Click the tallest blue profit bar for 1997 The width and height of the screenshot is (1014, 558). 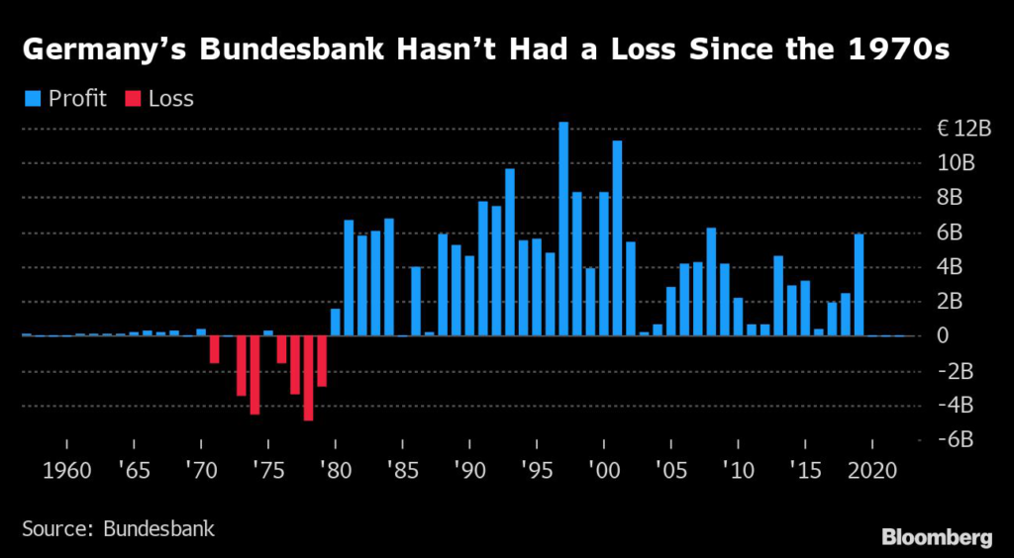click(x=563, y=229)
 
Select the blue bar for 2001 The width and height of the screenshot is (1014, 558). click(x=617, y=237)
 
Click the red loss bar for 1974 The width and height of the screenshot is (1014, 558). click(x=254, y=375)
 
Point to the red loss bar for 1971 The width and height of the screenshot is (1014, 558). click(x=214, y=349)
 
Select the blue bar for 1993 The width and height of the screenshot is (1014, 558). click(x=510, y=252)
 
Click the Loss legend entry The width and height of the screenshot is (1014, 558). click(x=160, y=98)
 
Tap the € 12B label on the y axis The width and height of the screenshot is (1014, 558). click(x=963, y=129)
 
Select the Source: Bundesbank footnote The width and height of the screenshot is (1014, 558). click(x=118, y=528)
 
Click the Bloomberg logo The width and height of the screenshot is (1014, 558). click(x=936, y=537)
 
